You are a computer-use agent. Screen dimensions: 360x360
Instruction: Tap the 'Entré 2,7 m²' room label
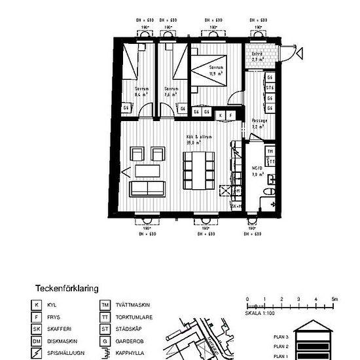tap(258, 56)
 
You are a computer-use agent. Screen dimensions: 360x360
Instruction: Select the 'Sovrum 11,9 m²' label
tap(216, 70)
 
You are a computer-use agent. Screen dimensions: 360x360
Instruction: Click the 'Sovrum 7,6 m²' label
tap(171, 92)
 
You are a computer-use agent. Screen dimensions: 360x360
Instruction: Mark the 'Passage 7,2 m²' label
tap(258, 123)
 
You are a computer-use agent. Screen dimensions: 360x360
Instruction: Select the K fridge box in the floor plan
tap(221, 115)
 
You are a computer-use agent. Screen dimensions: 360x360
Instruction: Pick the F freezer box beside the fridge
tap(232, 115)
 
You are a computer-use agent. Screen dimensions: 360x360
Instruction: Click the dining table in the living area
tap(198, 169)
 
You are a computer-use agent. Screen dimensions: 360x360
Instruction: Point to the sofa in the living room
tap(147, 189)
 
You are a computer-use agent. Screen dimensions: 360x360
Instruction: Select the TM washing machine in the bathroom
tap(270, 151)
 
